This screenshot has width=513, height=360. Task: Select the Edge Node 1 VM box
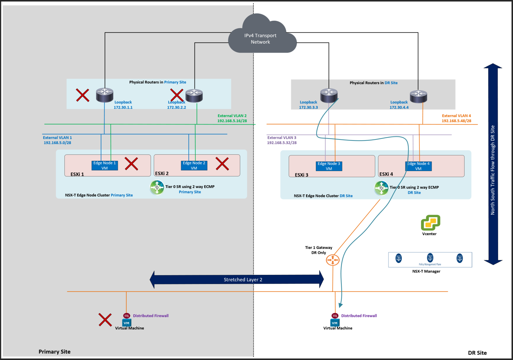coord(104,166)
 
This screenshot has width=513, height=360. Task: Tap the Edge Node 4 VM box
coord(418,166)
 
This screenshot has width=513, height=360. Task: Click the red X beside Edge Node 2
coord(222,164)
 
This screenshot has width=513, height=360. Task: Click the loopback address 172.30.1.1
coord(123,108)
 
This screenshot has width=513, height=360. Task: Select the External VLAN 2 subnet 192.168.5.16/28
coord(232,121)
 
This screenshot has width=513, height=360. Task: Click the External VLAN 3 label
coord(282,138)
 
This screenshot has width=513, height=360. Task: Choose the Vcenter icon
coord(430,223)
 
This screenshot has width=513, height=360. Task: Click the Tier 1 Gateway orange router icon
coord(332,260)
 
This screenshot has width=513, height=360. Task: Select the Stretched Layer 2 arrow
coord(237,280)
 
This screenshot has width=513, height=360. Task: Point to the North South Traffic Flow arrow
coord(493,164)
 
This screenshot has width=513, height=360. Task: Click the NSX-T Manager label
coord(426,271)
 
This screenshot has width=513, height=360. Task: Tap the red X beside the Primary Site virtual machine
coord(105,320)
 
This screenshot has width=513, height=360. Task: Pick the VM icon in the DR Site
coord(335,323)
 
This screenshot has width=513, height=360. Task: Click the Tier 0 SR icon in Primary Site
coord(157,187)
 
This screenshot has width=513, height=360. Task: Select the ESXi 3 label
coord(302,175)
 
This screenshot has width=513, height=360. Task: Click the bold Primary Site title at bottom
coord(55,352)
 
